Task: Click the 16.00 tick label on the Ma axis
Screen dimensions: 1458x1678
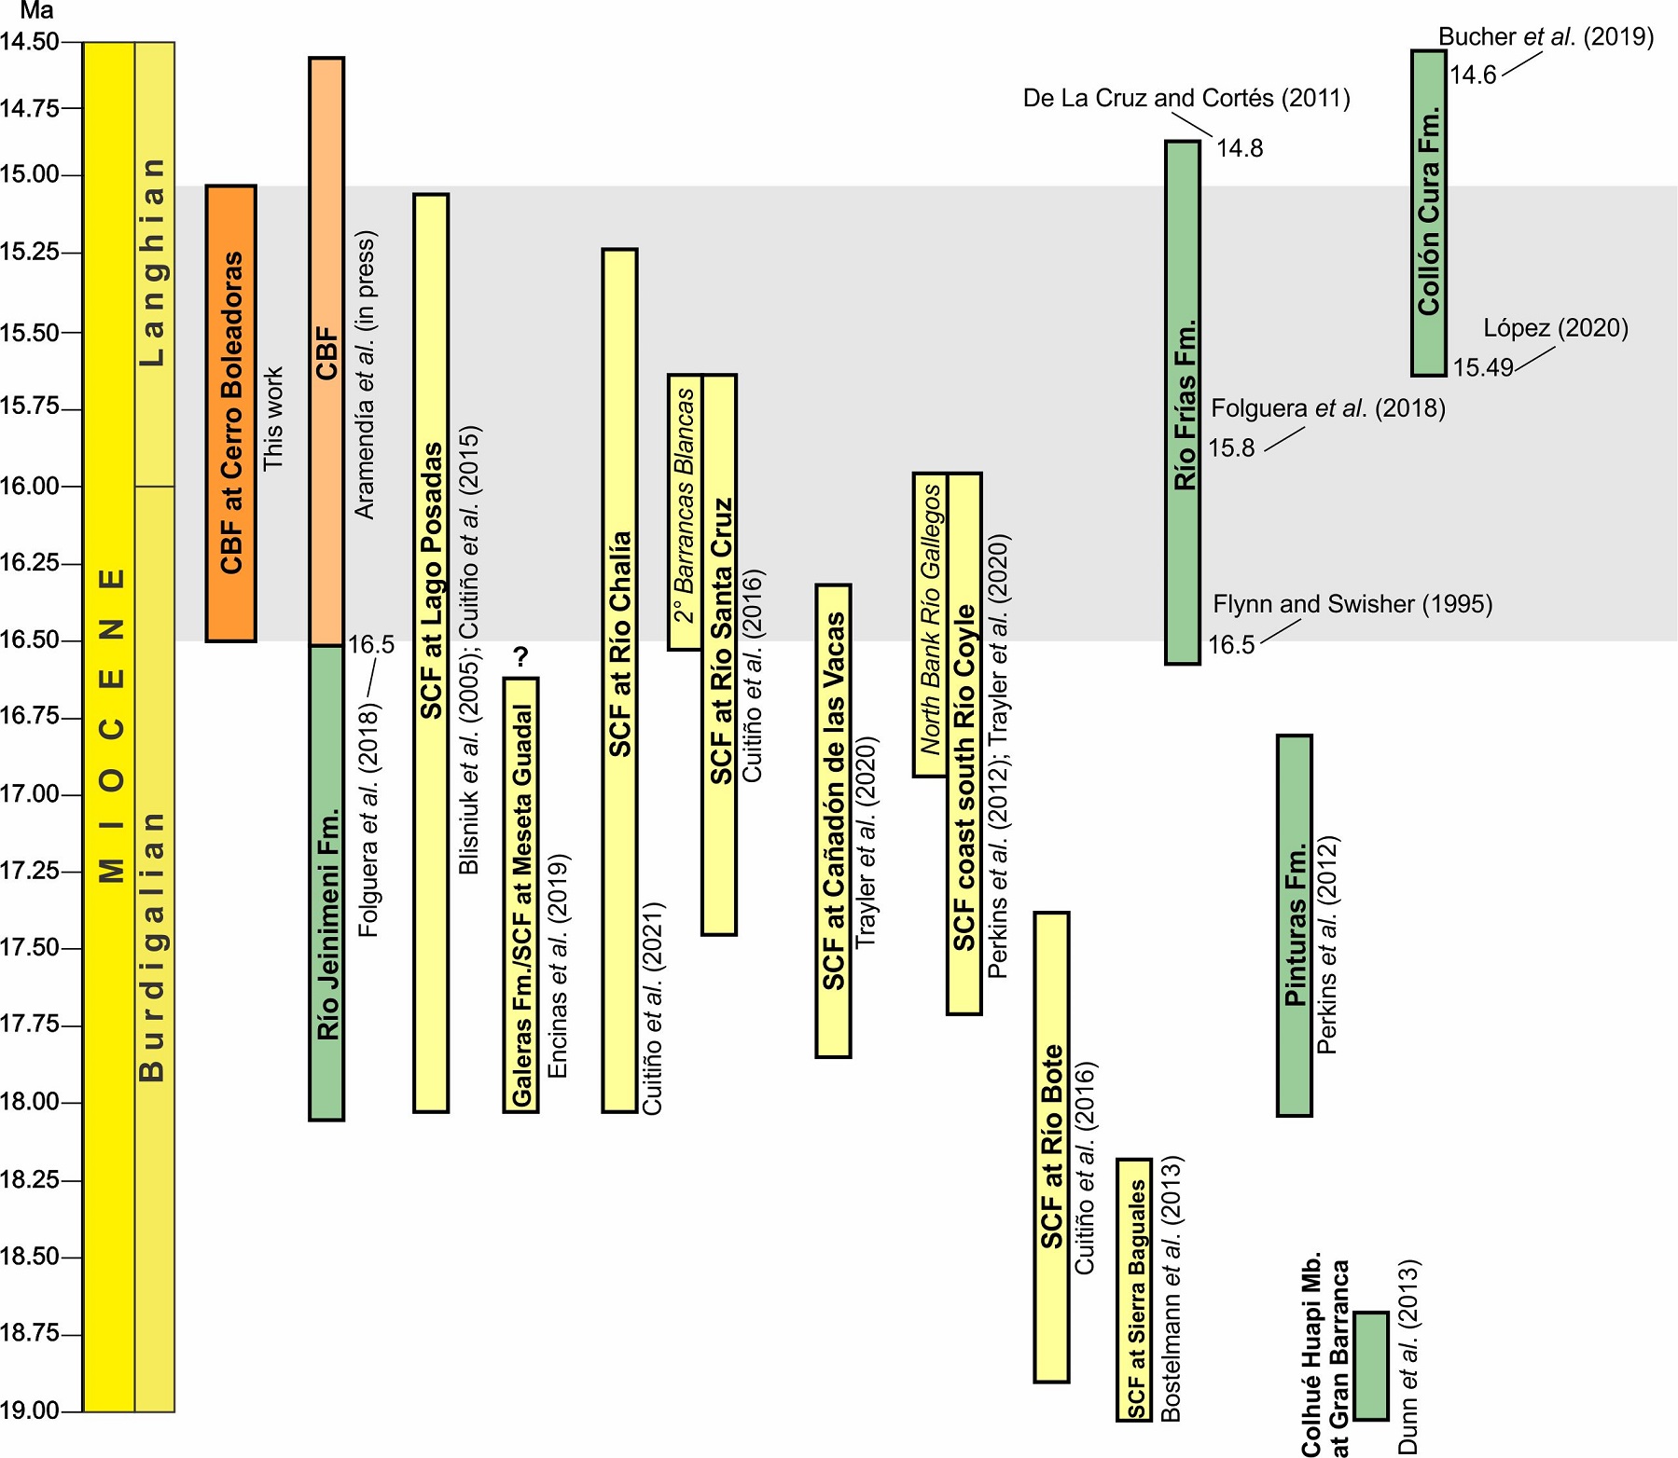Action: [29, 486]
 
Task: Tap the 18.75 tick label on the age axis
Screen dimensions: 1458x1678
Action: [29, 1334]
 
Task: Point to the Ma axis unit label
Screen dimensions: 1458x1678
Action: [37, 12]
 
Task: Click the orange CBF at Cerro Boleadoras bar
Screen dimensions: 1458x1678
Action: [230, 413]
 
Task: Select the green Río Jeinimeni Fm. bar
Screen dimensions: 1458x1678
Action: [326, 882]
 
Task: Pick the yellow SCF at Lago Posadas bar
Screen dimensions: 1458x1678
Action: [431, 653]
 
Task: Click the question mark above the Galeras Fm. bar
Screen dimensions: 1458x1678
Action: [521, 657]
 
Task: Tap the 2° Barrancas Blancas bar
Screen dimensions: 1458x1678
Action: [685, 512]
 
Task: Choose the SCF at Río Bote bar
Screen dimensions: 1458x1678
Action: [1052, 1147]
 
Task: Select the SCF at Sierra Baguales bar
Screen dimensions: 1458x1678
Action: [1134, 1289]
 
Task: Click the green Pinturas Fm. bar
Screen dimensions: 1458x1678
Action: [1295, 925]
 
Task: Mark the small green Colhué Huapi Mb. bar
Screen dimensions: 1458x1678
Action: [1371, 1366]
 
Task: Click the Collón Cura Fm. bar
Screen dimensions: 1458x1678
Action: [1429, 213]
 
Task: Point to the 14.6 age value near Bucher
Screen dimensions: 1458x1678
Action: [1473, 76]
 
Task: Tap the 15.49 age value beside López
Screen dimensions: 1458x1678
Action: [1482, 367]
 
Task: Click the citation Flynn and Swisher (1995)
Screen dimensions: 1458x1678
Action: [1352, 604]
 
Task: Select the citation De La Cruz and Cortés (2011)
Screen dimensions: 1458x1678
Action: [1186, 98]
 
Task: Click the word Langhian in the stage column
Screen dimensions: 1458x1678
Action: [154, 262]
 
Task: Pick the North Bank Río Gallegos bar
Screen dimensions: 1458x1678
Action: [930, 625]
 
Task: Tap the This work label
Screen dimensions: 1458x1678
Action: [272, 419]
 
